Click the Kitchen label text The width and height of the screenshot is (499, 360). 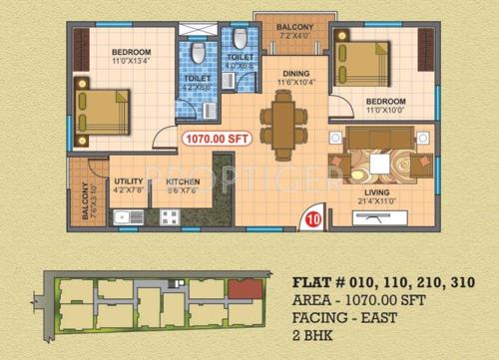point(183,181)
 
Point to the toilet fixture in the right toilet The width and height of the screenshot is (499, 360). point(241,41)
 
